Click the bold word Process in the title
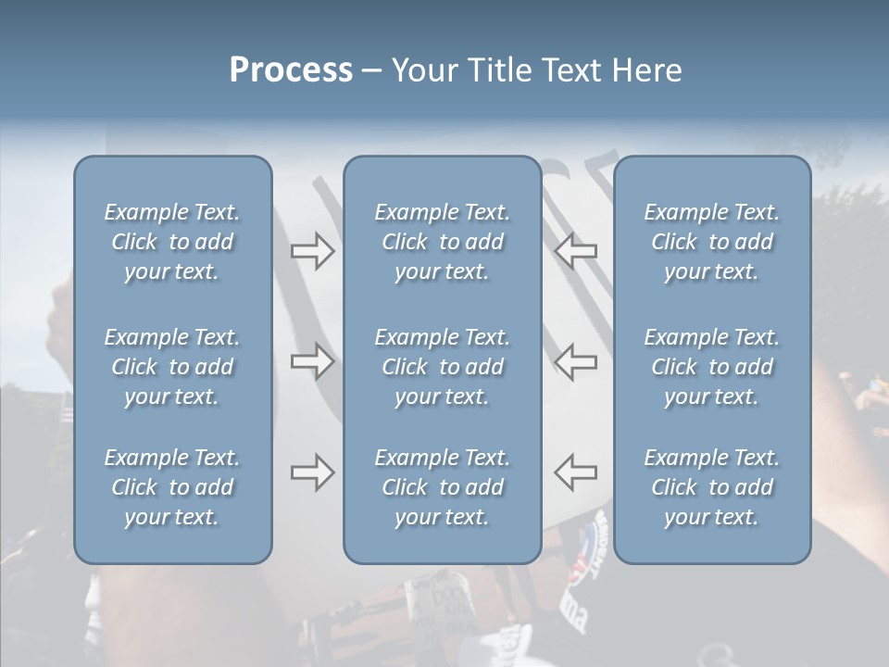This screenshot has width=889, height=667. coord(291,70)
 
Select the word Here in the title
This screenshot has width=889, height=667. coord(645,70)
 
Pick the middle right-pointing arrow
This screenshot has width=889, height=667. coord(313,361)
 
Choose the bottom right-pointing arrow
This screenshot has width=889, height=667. coord(313,472)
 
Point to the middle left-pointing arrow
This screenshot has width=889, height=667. coord(575,361)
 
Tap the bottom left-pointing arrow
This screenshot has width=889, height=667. coord(575,472)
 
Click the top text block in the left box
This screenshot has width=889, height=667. coord(172,242)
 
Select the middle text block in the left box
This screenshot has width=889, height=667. coord(172,367)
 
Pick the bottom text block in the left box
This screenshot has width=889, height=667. coord(172,487)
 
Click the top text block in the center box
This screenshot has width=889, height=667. coord(442,242)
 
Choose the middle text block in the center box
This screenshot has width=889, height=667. coord(442,367)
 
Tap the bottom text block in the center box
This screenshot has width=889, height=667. coord(442,487)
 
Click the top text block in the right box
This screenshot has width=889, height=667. coord(712,242)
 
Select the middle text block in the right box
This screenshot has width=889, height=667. coord(712,367)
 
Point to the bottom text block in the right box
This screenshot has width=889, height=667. coord(712,487)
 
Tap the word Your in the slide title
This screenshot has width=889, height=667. coord(421,70)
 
